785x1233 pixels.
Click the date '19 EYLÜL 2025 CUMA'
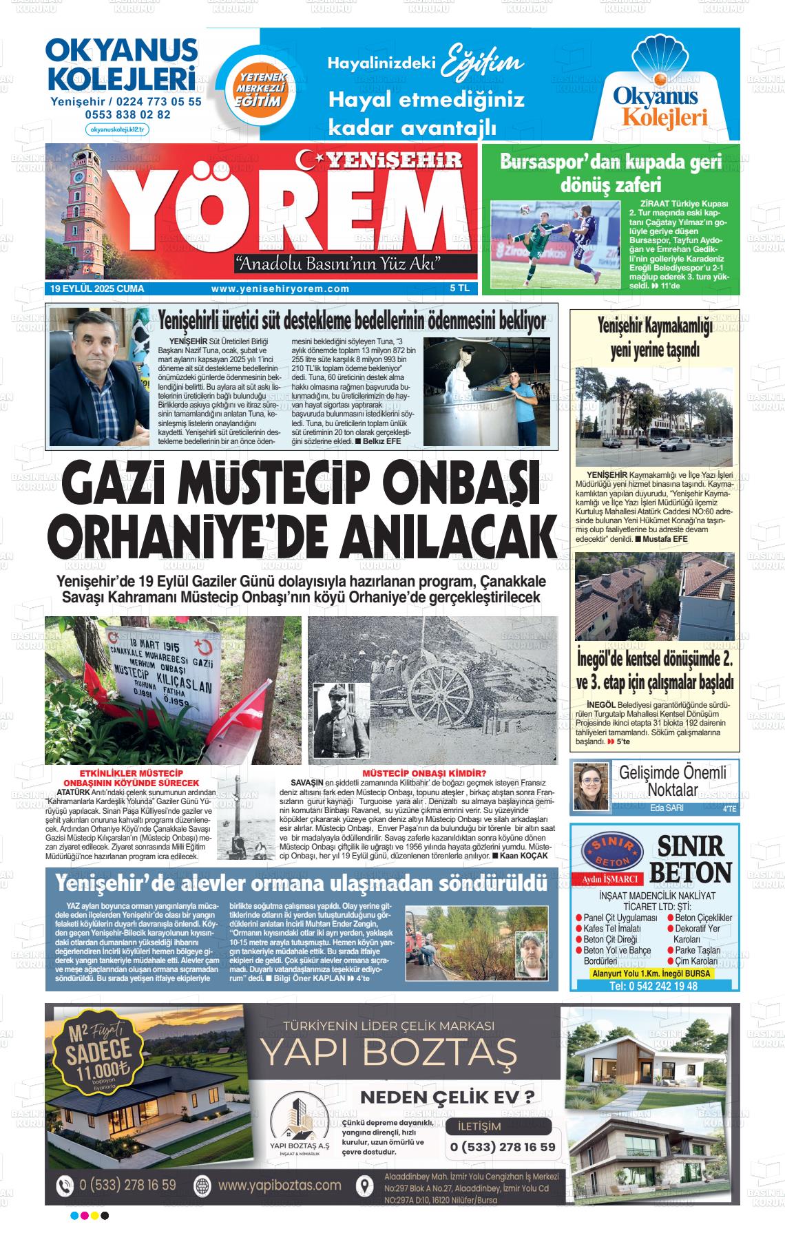coord(97,289)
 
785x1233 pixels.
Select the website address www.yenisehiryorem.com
coord(280,289)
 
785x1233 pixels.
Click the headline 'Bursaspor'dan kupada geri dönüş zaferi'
coord(611,172)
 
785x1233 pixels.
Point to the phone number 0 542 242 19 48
coord(653,986)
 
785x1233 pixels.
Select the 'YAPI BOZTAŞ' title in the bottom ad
coord(388,1051)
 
